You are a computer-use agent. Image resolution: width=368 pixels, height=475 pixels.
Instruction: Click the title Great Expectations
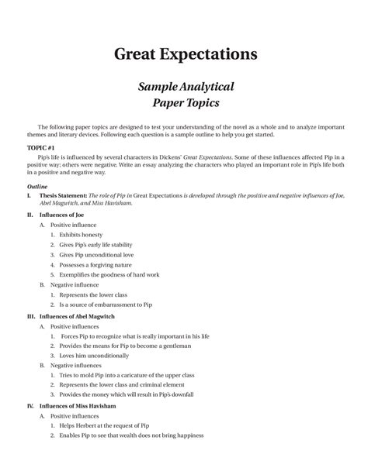tap(185, 54)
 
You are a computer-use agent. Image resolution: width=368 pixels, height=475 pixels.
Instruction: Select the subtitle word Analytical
tap(204, 86)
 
